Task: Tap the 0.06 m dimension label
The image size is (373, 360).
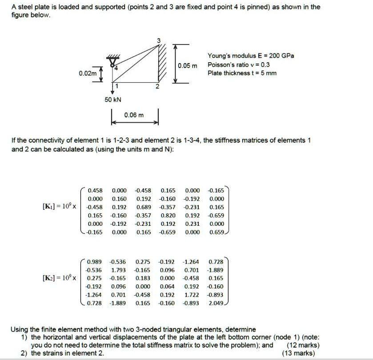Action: coord(134,115)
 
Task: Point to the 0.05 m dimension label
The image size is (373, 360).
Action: coord(187,66)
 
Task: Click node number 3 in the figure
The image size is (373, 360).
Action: coord(156,41)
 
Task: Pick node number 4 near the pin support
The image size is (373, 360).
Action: coord(114,68)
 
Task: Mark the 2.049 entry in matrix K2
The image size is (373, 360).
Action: coord(216,303)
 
